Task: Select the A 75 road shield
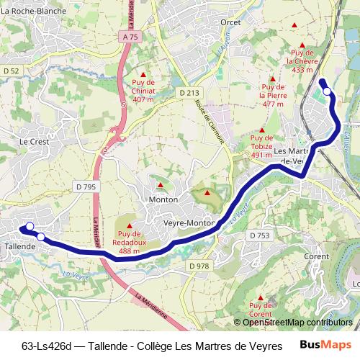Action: click(130, 36)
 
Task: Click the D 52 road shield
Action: click(10, 71)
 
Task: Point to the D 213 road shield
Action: click(189, 93)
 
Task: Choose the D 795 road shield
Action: click(85, 187)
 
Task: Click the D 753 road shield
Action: click(259, 235)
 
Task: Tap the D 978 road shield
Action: click(199, 266)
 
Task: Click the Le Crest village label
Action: click(33, 142)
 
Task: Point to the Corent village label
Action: click(317, 256)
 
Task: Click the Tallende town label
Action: click(20, 246)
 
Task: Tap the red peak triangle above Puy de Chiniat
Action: click(143, 75)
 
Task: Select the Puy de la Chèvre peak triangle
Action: click(294, 26)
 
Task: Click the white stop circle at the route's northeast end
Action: click(328, 91)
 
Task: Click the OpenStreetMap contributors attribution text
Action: click(297, 322)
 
